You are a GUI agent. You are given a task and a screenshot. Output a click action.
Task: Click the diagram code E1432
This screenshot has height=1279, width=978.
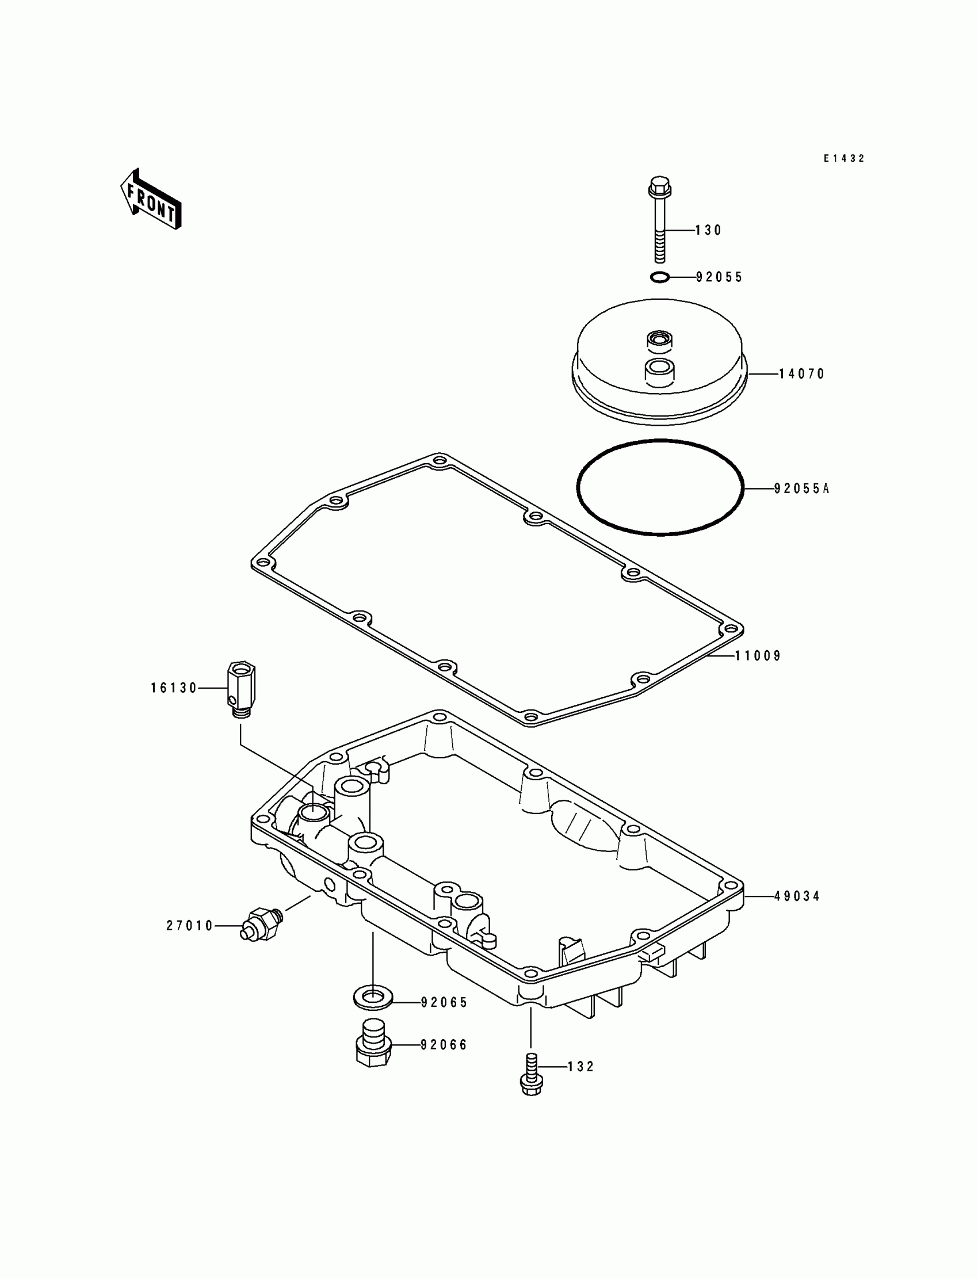point(843,158)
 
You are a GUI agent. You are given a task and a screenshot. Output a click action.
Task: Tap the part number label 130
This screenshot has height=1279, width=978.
point(708,231)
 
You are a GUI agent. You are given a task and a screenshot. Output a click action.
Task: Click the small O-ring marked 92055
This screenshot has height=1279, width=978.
point(659,277)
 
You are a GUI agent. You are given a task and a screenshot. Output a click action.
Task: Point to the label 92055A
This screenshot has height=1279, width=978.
point(801,489)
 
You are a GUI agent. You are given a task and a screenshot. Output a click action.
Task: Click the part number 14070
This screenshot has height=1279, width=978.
point(801,375)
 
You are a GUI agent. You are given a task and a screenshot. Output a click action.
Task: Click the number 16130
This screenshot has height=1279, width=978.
point(174,688)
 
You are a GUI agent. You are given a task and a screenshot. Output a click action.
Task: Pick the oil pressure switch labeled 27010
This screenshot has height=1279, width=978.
point(261,923)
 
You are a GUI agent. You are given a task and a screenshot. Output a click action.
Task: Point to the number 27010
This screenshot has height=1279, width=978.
point(190,926)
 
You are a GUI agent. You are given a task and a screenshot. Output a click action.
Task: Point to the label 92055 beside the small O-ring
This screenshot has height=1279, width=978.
point(720,278)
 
